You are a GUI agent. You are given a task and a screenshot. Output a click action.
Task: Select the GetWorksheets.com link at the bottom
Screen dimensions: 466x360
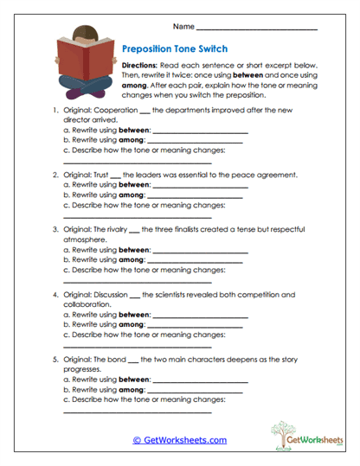180,439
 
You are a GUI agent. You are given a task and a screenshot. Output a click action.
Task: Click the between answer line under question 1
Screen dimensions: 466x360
200,132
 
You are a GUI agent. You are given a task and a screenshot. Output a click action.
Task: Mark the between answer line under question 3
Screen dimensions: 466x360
200,251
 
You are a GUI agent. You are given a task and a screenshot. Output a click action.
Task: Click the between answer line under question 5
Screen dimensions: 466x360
200,379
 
